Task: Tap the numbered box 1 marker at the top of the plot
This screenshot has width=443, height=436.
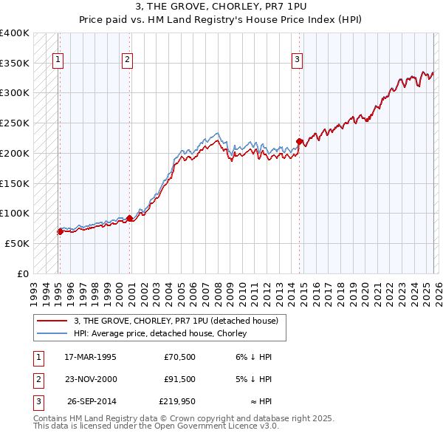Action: click(x=58, y=61)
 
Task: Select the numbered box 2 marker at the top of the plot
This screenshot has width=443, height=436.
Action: click(x=127, y=61)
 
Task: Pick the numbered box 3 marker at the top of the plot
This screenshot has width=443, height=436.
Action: click(x=297, y=61)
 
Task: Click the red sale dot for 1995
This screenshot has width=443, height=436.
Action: click(x=60, y=231)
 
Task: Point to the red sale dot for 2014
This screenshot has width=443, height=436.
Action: click(x=299, y=141)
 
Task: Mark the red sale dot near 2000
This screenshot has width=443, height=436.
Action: click(x=129, y=218)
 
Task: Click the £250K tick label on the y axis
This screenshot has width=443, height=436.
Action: click(x=15, y=123)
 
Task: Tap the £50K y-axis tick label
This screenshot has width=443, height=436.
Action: click(x=17, y=243)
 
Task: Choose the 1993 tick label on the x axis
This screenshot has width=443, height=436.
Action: click(x=33, y=289)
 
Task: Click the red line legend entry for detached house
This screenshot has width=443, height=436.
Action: click(x=176, y=321)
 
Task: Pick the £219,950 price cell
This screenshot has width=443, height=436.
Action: click(x=176, y=402)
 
